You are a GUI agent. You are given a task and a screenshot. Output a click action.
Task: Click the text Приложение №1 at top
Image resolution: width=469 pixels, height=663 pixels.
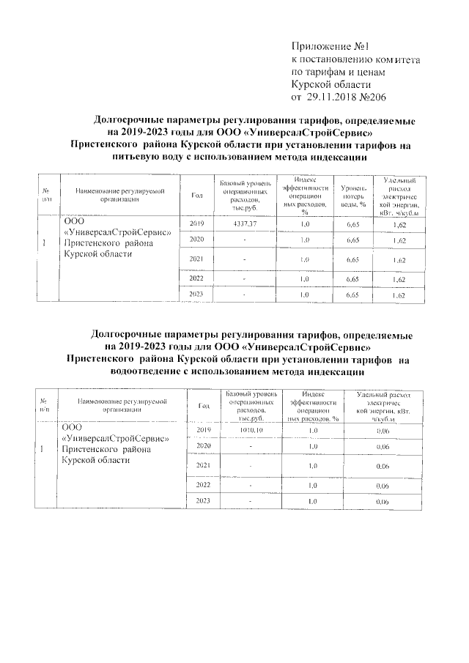[x=331, y=46]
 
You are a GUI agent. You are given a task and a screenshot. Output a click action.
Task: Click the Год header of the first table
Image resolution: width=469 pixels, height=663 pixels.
[x=196, y=194]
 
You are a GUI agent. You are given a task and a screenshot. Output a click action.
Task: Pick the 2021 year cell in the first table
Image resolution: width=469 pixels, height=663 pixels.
[x=196, y=259]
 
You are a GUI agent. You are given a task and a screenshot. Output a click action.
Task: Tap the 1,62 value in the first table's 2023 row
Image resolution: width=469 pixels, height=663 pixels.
[x=399, y=295]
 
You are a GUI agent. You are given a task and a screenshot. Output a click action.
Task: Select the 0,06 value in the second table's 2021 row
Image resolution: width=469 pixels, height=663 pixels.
[x=382, y=466]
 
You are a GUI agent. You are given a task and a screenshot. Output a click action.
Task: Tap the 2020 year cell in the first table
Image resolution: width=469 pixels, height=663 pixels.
[x=196, y=240]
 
